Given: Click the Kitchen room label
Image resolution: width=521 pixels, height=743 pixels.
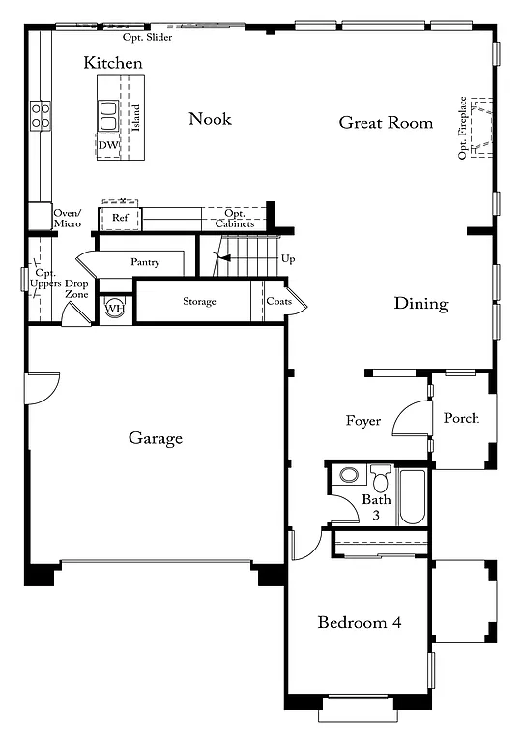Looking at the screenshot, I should pyautogui.click(x=113, y=63).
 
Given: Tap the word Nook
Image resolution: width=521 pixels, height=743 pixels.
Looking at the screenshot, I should pyautogui.click(x=210, y=119).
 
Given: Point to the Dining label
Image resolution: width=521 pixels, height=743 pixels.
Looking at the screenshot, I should pyautogui.click(x=420, y=304).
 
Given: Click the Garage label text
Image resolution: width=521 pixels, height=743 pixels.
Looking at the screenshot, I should pyautogui.click(x=156, y=439).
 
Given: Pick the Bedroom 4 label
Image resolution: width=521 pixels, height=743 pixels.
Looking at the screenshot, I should pyautogui.click(x=359, y=622).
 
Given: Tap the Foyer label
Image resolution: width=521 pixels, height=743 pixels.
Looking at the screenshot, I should pyautogui.click(x=363, y=421).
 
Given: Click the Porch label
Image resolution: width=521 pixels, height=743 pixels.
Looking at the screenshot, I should pyautogui.click(x=461, y=418).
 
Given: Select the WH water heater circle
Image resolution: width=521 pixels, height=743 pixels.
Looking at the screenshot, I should pyautogui.click(x=114, y=308).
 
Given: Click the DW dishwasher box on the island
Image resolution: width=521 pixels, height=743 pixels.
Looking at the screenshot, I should pyautogui.click(x=107, y=145).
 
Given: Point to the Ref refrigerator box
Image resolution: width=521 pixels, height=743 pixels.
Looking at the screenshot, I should pyautogui.click(x=120, y=219).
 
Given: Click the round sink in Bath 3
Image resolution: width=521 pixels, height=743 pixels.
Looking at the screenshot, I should pyautogui.click(x=349, y=476).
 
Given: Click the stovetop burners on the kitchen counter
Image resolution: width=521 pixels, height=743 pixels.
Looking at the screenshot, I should pyautogui.click(x=41, y=116).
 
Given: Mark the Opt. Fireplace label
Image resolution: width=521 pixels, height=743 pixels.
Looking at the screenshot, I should pyautogui.click(x=465, y=128).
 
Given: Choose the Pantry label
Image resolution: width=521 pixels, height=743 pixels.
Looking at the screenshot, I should pyautogui.click(x=145, y=262).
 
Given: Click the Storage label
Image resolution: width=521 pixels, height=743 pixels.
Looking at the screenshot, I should pyautogui.click(x=199, y=302).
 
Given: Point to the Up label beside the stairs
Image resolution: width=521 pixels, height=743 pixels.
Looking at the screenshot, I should pyautogui.click(x=288, y=259).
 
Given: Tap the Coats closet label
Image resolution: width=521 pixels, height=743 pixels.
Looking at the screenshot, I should pyautogui.click(x=278, y=302).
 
